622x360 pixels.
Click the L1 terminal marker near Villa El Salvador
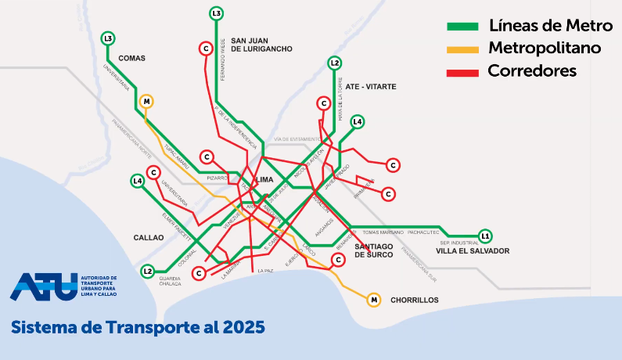(x=485, y=236)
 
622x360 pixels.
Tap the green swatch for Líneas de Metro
(x=462, y=26)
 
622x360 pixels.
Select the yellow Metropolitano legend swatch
(x=462, y=49)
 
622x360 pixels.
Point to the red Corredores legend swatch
(x=462, y=71)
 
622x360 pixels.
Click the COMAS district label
(x=132, y=58)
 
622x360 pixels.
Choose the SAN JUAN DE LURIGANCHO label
(x=261, y=45)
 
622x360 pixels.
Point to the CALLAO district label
(x=149, y=237)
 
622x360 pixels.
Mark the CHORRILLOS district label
(x=415, y=300)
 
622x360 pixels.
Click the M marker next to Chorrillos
(x=374, y=299)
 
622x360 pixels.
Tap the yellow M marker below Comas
(x=146, y=101)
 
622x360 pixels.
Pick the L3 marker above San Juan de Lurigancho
(x=217, y=13)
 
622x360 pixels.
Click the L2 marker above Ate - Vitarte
(x=335, y=63)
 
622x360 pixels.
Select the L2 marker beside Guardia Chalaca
(x=148, y=271)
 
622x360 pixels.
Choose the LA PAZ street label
(x=267, y=271)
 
